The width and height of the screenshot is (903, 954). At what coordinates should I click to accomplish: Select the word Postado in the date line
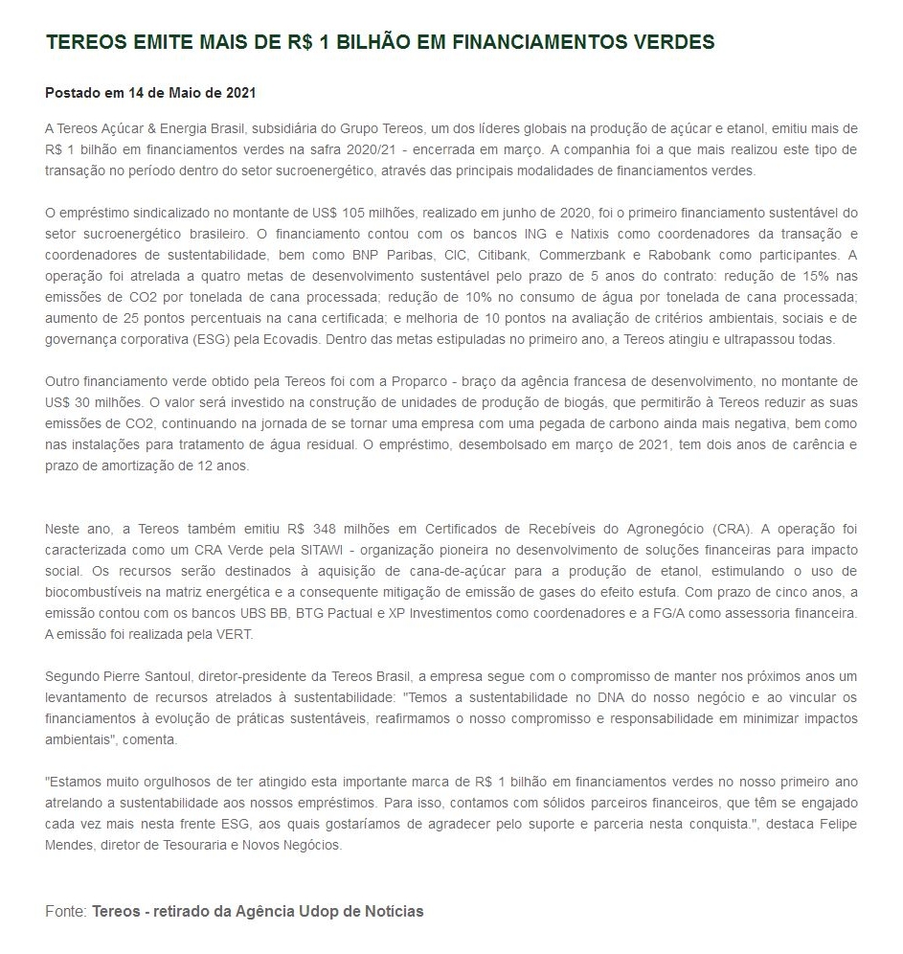click(x=74, y=93)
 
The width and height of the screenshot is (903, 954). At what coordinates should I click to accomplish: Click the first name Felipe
click(x=837, y=824)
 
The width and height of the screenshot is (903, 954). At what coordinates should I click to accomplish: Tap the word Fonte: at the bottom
click(x=66, y=911)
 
